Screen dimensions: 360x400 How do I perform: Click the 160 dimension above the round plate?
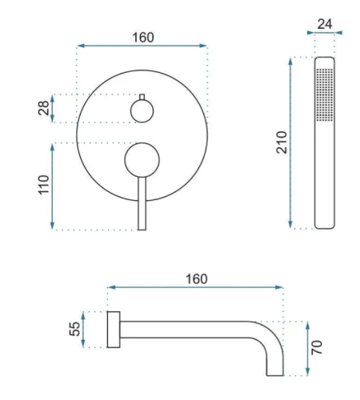(143, 38)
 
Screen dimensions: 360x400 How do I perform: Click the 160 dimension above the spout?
(197, 279)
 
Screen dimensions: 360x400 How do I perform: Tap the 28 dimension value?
(44, 108)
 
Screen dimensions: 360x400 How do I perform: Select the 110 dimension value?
(44, 185)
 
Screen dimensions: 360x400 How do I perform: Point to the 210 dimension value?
(282, 142)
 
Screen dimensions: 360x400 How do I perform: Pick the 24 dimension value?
(325, 24)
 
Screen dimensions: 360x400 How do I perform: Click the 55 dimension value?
(74, 329)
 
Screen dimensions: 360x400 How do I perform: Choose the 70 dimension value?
(317, 347)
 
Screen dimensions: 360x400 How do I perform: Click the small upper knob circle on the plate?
(142, 111)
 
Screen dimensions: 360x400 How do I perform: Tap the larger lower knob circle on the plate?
(142, 160)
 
